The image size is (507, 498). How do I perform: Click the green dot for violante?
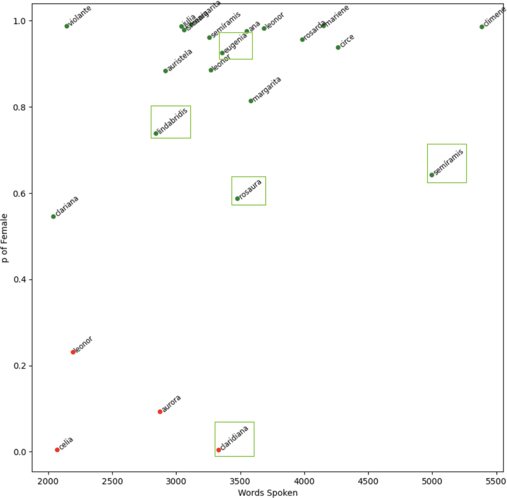(67, 26)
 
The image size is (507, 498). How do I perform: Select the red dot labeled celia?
(57, 450)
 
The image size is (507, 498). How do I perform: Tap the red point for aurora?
(160, 412)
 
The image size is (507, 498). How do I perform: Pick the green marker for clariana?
(53, 217)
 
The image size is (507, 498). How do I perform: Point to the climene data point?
(482, 27)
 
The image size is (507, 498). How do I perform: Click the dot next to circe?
(338, 47)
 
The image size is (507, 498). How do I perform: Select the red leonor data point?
(73, 352)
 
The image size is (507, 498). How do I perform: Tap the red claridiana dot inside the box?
(218, 450)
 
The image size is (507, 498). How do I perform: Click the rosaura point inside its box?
(237, 199)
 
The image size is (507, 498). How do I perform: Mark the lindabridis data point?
(155, 133)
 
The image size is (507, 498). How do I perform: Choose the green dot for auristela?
(166, 71)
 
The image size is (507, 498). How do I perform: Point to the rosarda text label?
(315, 30)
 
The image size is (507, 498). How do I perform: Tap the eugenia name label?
(236, 44)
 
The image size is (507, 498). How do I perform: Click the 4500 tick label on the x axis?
(368, 481)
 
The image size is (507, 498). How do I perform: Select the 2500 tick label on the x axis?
(112, 481)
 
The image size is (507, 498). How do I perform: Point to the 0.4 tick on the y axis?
(20, 280)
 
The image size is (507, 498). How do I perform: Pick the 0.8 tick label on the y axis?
(20, 107)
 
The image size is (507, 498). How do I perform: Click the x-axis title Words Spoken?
(268, 493)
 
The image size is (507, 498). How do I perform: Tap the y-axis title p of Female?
(5, 238)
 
